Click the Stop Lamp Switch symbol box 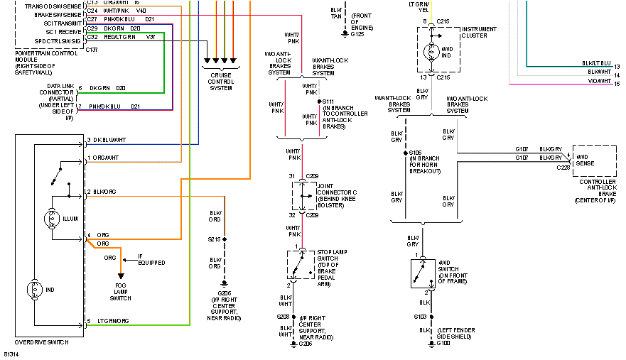coord(301,264)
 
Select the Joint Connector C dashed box coord(302,195)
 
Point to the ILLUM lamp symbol coord(50,219)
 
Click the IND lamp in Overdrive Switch coord(34,290)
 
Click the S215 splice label coord(215,239)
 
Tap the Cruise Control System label coord(221,82)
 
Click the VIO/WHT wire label coord(598,82)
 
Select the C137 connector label coord(92,50)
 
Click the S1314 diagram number coord(11,353)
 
